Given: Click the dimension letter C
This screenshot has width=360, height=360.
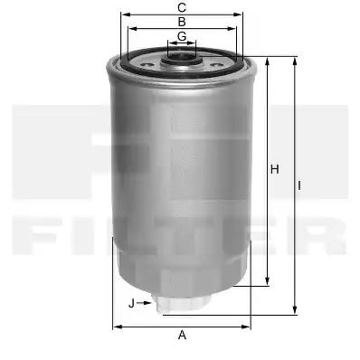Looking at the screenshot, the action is point(182,8).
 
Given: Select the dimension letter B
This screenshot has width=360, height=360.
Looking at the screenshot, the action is point(182,22).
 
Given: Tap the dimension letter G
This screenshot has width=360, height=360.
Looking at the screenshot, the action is point(182,36).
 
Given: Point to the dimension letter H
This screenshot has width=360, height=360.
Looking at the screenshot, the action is point(274,169).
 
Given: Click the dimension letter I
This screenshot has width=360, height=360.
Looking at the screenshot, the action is point(299,185).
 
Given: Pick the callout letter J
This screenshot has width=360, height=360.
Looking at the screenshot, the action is point(131,303).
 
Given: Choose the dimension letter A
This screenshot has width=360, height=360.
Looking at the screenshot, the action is point(182,335).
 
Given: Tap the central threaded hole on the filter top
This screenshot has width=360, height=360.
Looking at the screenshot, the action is point(182,58).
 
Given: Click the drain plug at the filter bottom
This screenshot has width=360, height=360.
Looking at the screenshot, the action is point(182,304).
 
